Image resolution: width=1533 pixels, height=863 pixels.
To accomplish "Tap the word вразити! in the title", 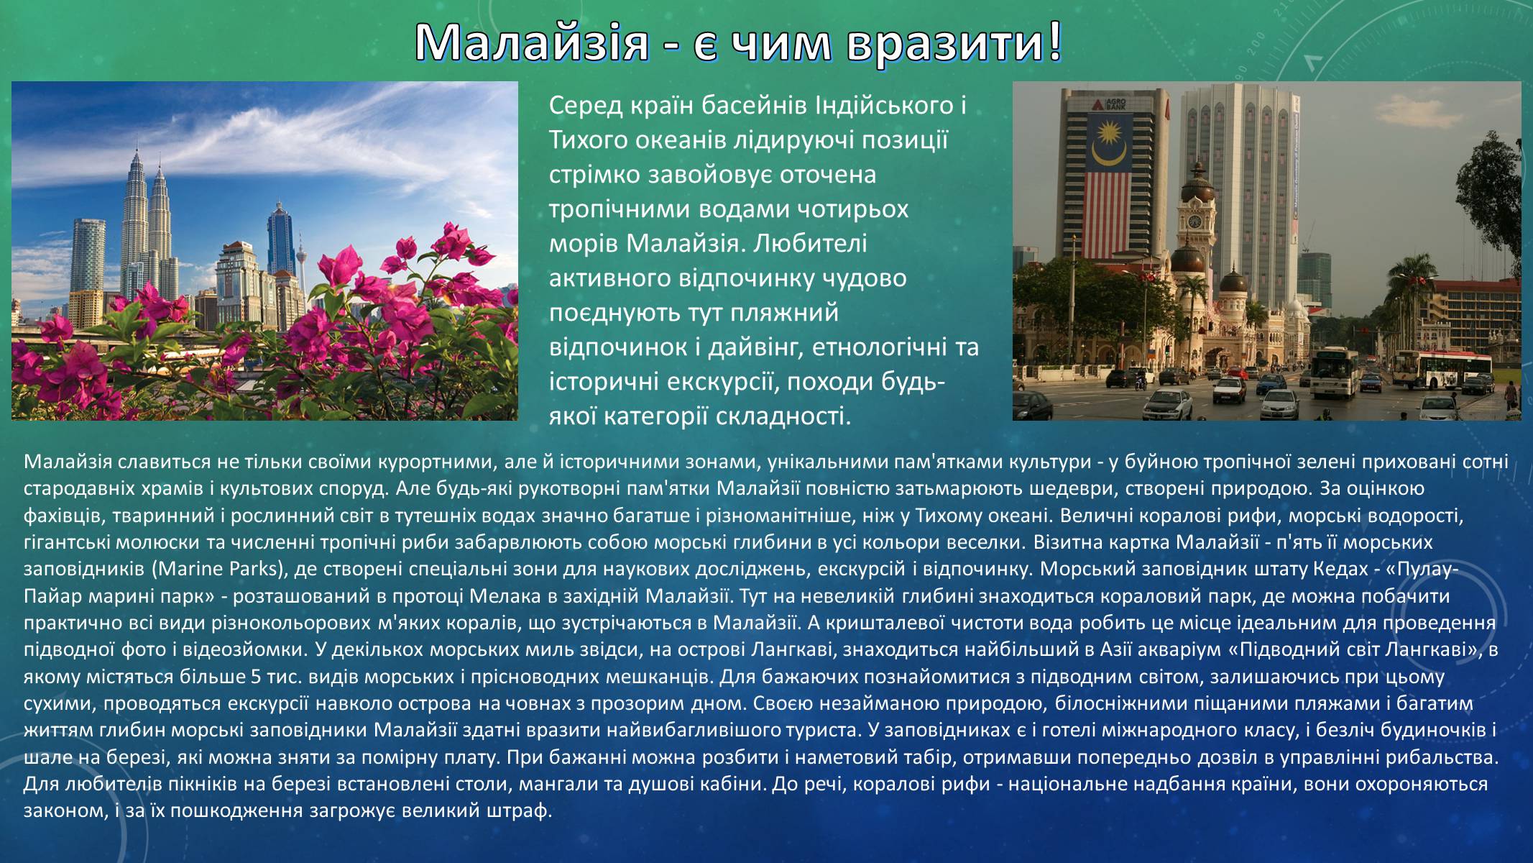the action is [953, 44].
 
